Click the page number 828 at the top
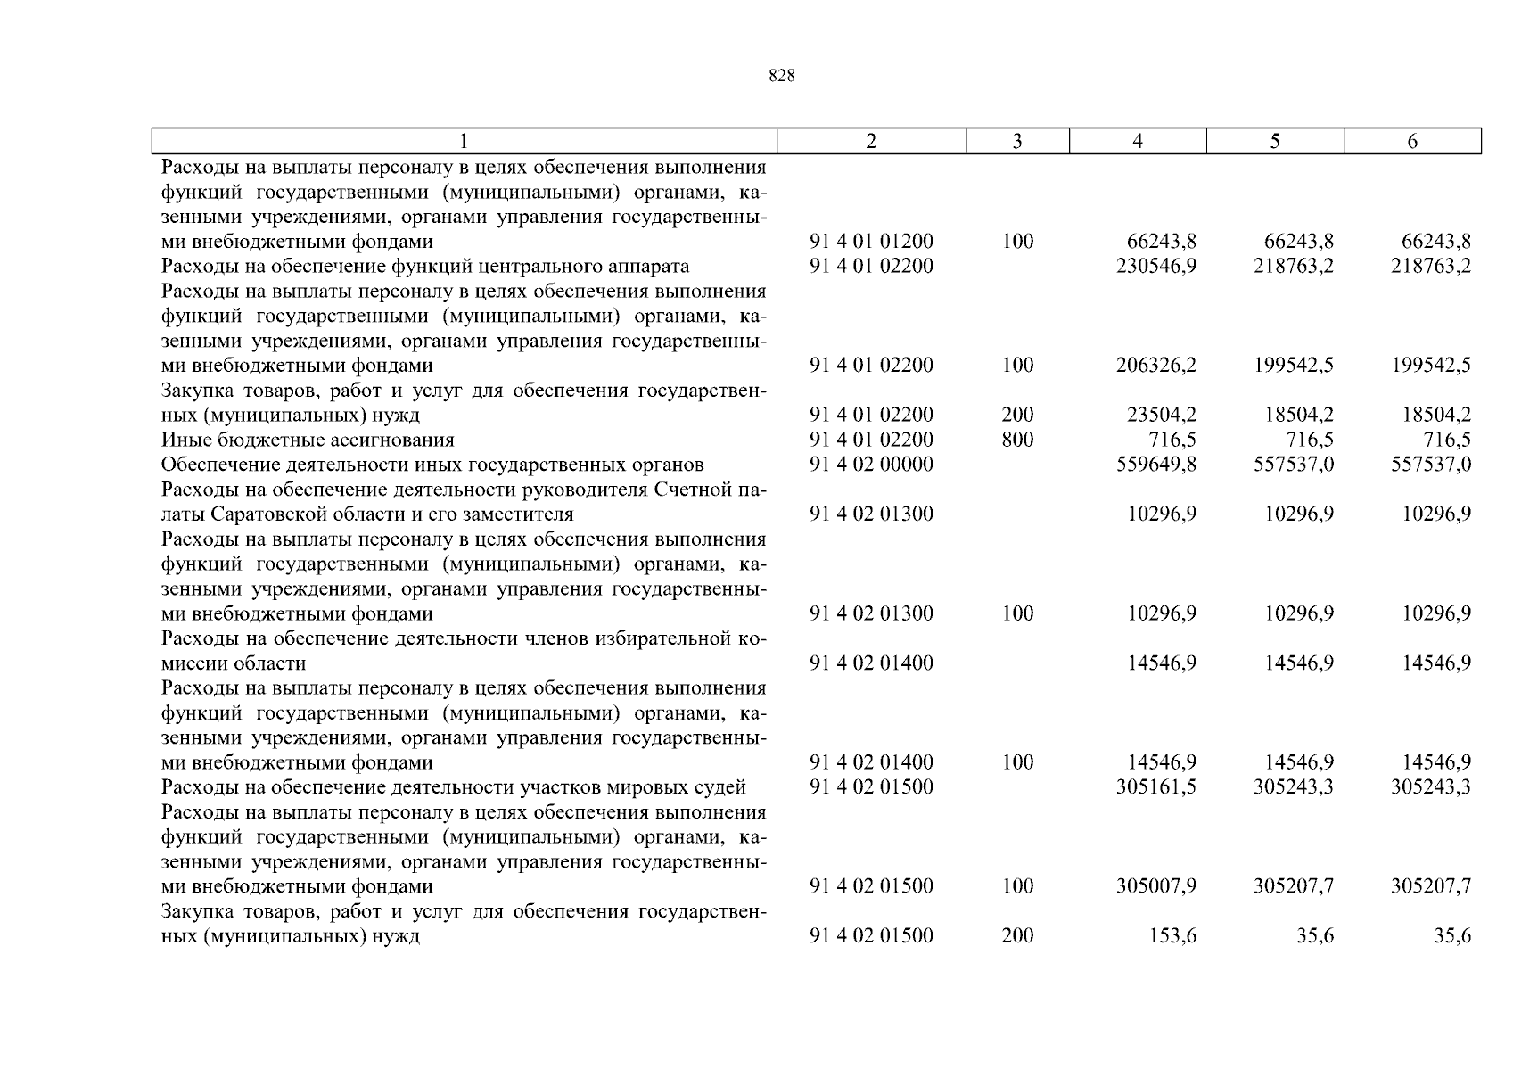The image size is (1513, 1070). click(x=781, y=76)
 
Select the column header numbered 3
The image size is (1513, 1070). click(x=1017, y=141)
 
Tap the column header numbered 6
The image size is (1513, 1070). click(x=1412, y=141)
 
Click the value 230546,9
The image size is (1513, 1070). click(x=1155, y=266)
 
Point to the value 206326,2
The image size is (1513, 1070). click(x=1155, y=365)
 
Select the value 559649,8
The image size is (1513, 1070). click(x=1155, y=465)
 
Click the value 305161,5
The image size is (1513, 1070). click(x=1155, y=786)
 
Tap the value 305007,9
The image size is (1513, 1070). click(x=1155, y=886)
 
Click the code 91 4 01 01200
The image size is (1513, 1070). click(x=871, y=241)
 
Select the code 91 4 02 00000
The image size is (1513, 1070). click(x=871, y=465)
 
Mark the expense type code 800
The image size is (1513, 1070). click(x=1017, y=440)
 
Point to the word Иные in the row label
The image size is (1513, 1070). click(x=185, y=440)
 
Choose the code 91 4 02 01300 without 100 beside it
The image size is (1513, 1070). click(x=871, y=514)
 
